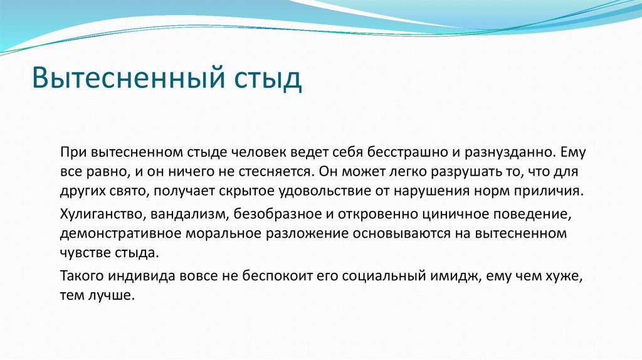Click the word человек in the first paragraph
click(x=241, y=152)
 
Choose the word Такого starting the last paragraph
click(x=83, y=277)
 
